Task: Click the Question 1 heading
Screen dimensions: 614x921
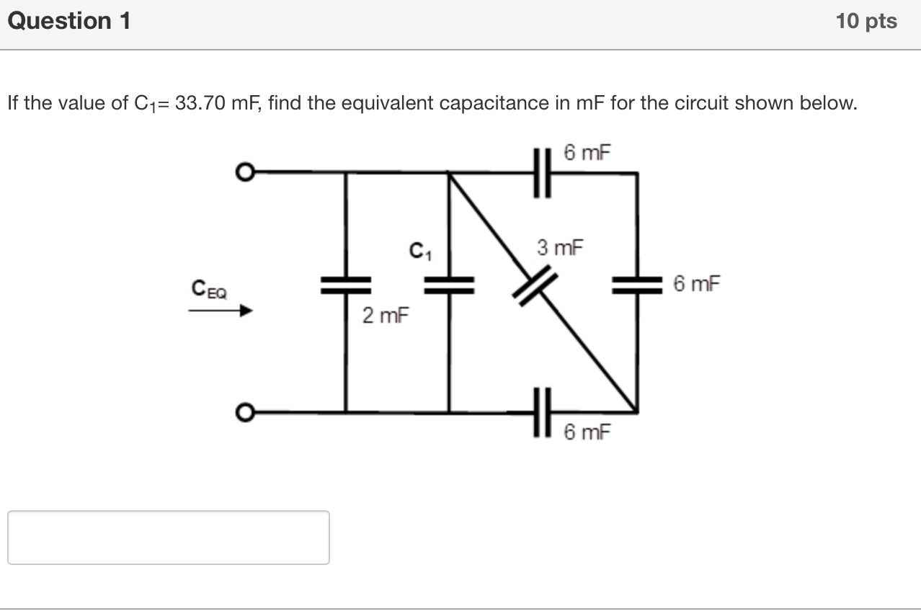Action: pyautogui.click(x=69, y=22)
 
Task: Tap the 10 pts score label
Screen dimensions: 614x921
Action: pyautogui.click(x=866, y=22)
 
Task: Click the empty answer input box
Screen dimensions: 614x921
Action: pyautogui.click(x=169, y=538)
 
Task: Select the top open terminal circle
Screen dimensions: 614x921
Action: pyautogui.click(x=246, y=172)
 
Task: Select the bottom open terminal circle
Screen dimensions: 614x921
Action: pyautogui.click(x=246, y=413)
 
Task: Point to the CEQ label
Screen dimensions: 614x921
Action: pyautogui.click(x=209, y=290)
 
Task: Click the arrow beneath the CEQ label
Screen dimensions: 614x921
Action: pyautogui.click(x=221, y=311)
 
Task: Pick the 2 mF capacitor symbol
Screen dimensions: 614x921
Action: pyautogui.click(x=346, y=286)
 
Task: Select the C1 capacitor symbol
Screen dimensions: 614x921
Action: pyautogui.click(x=449, y=286)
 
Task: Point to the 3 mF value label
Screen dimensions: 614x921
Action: pyautogui.click(x=560, y=249)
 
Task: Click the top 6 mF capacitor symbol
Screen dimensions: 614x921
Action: pyautogui.click(x=543, y=173)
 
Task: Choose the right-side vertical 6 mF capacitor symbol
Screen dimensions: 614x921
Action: pyautogui.click(x=637, y=286)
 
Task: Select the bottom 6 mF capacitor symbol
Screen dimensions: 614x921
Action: pyautogui.click(x=543, y=413)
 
